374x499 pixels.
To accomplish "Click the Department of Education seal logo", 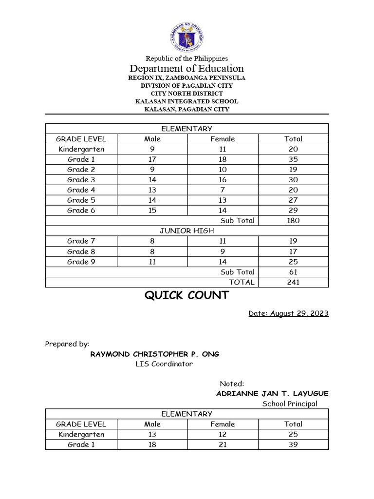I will (x=187, y=38).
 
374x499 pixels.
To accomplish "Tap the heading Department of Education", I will (x=187, y=68).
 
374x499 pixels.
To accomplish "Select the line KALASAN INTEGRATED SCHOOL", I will (x=187, y=101).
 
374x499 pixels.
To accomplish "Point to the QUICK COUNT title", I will (x=187, y=295).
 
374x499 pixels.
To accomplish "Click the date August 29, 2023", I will (x=288, y=313).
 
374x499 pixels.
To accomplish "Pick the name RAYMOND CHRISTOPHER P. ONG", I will (x=155, y=354).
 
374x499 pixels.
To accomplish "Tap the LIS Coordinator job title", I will (x=164, y=364).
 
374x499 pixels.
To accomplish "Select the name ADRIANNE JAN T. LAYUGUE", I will (x=272, y=393).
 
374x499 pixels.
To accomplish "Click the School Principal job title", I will (x=290, y=403).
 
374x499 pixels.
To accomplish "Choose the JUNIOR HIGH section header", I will (x=187, y=230).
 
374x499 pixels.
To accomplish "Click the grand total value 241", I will (x=293, y=282).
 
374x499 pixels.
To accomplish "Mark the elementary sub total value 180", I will (x=293, y=220).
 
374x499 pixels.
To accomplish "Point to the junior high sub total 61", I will (x=293, y=272).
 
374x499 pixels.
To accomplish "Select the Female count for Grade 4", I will (x=223, y=190).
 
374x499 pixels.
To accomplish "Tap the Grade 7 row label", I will (x=81, y=241).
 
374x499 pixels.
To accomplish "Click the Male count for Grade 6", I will (x=152, y=210).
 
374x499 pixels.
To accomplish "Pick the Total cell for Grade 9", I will (x=293, y=262).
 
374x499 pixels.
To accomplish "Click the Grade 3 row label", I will (x=81, y=180).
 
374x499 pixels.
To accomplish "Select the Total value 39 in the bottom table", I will (x=293, y=444).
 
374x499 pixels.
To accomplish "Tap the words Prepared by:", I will (x=67, y=344).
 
